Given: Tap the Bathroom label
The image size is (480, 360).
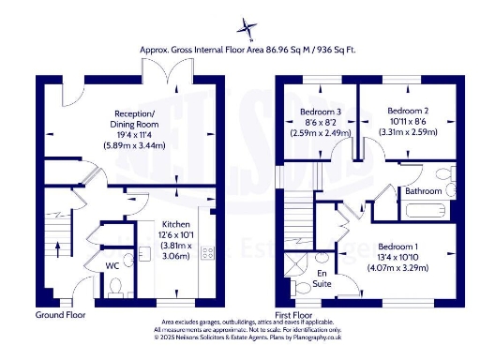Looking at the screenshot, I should click(x=423, y=191).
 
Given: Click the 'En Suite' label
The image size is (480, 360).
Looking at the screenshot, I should click(x=321, y=277).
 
